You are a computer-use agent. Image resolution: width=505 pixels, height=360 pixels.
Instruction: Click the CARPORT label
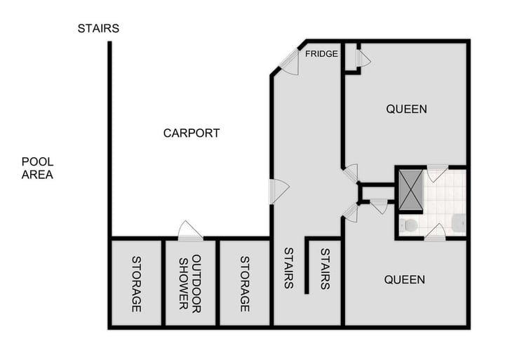point(191,133)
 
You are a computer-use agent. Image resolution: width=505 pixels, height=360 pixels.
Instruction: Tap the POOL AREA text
point(37,168)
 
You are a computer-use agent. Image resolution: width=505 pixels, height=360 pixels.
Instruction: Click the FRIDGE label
point(322,54)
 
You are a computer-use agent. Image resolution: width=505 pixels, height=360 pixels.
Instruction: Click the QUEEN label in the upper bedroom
point(406,109)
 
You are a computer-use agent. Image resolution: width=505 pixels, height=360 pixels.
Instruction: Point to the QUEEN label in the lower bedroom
point(405,280)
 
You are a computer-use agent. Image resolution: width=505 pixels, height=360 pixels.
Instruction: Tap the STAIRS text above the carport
point(98,29)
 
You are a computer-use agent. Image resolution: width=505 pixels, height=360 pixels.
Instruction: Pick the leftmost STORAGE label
point(137,284)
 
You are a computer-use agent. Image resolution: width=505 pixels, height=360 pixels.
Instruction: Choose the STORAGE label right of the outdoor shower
point(245,284)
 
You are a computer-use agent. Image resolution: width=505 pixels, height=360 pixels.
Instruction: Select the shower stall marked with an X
point(410,189)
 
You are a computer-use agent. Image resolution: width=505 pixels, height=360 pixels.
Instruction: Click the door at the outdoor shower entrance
point(189,231)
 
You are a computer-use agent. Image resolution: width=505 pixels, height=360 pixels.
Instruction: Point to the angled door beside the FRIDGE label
point(290,62)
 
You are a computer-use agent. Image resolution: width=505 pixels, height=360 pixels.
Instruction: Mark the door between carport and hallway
point(278,191)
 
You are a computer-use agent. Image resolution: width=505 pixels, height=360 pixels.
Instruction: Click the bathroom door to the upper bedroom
point(437,173)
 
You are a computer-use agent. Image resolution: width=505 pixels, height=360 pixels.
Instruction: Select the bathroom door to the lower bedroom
point(435,232)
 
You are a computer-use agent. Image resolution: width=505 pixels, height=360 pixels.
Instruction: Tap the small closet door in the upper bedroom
point(363,60)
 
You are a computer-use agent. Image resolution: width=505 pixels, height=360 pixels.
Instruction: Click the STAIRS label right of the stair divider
point(325,268)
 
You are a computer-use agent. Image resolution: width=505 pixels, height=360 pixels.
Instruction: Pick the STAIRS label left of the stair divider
point(288,268)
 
